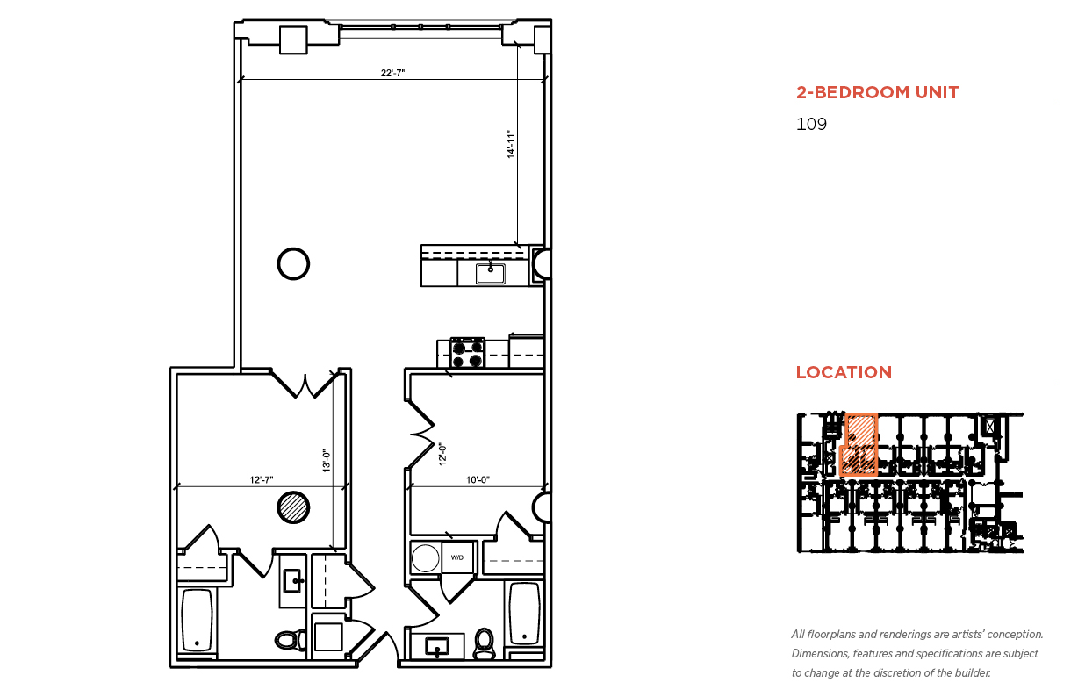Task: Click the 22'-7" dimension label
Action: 392,73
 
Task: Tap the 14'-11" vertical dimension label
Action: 511,143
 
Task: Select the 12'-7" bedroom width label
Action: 262,479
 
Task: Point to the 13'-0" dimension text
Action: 327,460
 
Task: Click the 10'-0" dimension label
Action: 478,479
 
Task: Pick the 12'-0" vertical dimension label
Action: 442,454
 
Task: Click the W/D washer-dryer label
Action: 457,557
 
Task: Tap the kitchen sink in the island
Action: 491,273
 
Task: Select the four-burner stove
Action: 467,353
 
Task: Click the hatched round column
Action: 293,507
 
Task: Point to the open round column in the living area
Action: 293,263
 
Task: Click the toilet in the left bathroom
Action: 291,640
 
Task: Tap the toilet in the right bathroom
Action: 485,643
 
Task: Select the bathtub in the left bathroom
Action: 197,620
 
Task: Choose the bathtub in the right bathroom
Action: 524,614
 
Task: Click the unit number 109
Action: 811,124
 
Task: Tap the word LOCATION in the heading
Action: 844,372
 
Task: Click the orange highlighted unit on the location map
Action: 859,445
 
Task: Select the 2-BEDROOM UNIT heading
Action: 877,92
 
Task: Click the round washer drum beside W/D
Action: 426,558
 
